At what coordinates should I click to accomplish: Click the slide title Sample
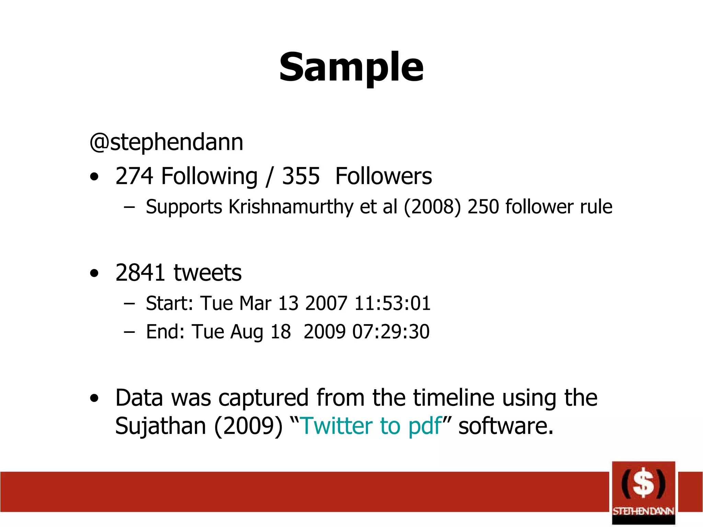pos(351,67)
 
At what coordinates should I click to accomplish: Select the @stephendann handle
pos(166,142)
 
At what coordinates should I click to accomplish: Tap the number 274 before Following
pos(134,176)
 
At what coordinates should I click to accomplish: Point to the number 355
pos(301,176)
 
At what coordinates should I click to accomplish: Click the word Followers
pos(383,176)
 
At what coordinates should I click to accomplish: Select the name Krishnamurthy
pos(291,207)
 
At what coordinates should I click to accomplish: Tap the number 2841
pos(140,273)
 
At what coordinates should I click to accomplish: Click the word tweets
pos(208,273)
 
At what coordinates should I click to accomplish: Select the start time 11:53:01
pos(392,303)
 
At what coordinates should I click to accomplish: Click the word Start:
pos(170,303)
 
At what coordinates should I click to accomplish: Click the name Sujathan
pos(160,426)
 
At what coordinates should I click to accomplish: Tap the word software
pos(506,426)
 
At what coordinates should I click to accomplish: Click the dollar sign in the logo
pos(643,484)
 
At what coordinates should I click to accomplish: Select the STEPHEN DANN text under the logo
pos(643,511)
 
